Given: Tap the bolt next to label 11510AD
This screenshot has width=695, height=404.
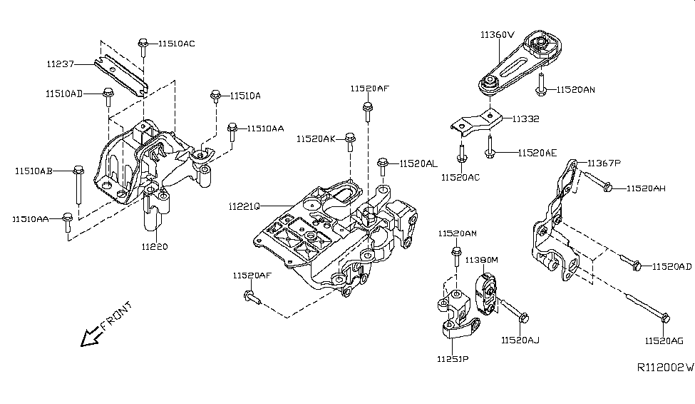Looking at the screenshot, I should click(108, 94).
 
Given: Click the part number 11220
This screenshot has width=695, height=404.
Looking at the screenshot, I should click(154, 247).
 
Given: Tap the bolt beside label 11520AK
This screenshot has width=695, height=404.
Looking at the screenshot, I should click(349, 142).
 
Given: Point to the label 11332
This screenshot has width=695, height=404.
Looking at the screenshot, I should click(524, 119).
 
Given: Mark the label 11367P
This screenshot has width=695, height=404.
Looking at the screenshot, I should click(604, 164).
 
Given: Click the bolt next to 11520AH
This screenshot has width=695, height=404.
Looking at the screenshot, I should click(604, 187).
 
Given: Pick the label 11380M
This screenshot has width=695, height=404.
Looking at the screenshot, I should click(481, 261).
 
